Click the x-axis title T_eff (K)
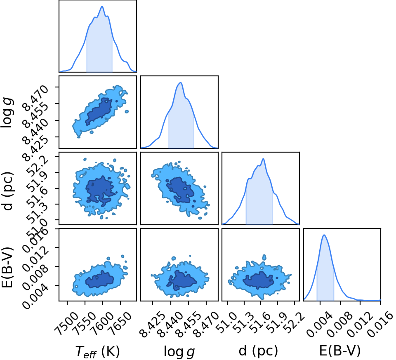tap(97, 351)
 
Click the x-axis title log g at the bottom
tap(179, 351)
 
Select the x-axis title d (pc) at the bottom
tap(258, 351)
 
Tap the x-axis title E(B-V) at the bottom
tap(340, 351)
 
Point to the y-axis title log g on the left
tap(7, 113)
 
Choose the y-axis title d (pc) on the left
tap(7, 191)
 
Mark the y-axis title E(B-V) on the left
tap(7, 267)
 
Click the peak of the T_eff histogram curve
tap(102, 6)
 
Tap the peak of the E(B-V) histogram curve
tap(324, 235)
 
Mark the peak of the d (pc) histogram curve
tap(264, 159)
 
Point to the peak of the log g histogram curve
tap(180, 82)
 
